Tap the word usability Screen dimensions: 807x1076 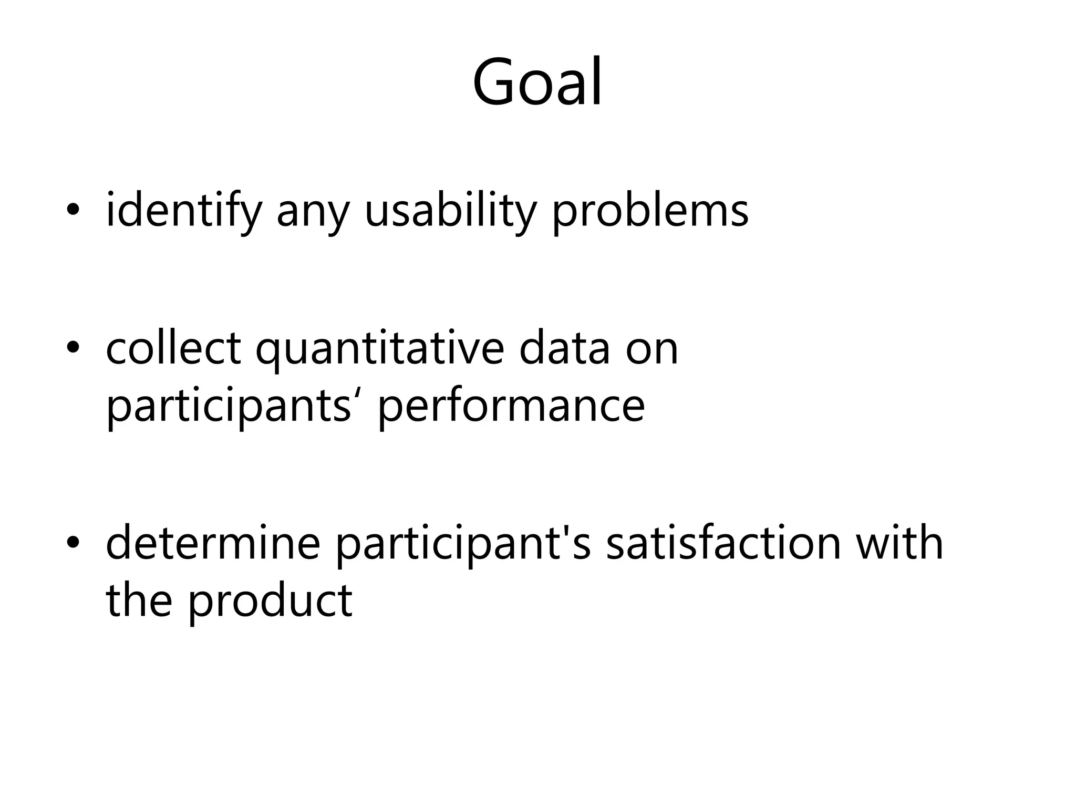click(450, 210)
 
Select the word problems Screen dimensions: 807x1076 click(650, 210)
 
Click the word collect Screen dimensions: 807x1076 click(173, 348)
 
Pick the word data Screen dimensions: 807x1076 click(564, 348)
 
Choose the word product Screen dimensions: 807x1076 click(270, 602)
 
